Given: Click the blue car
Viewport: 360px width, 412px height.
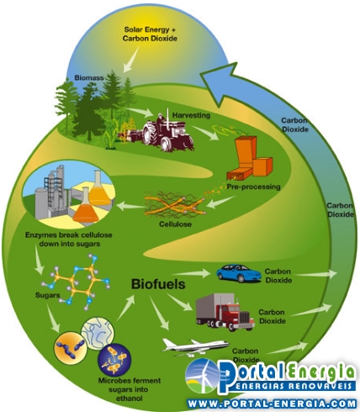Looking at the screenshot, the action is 239,273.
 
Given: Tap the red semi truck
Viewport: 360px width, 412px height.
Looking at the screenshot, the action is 225,312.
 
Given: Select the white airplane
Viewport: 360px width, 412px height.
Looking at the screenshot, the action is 195,347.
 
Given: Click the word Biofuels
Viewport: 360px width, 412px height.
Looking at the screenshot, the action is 158,284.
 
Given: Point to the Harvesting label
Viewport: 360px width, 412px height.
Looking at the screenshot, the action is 191,115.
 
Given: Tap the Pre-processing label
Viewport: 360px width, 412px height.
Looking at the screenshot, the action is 253,187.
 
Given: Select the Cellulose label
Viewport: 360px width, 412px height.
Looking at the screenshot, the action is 175,224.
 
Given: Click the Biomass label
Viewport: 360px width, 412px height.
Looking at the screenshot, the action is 89,77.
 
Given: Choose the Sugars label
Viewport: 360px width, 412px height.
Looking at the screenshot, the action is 48,295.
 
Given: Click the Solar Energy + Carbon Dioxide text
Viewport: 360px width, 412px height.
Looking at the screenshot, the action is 150,34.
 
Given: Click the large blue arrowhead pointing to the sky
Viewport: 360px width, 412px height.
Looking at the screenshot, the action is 221,84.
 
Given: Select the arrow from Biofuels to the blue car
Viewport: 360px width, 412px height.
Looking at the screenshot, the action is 192,273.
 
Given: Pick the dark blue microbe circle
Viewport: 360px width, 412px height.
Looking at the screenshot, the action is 114,360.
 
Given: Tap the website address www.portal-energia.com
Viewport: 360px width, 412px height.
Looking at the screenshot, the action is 272,404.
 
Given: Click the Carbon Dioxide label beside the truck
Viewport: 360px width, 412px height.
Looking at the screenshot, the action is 272,316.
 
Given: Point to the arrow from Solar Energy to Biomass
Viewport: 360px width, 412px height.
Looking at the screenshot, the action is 132,60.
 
